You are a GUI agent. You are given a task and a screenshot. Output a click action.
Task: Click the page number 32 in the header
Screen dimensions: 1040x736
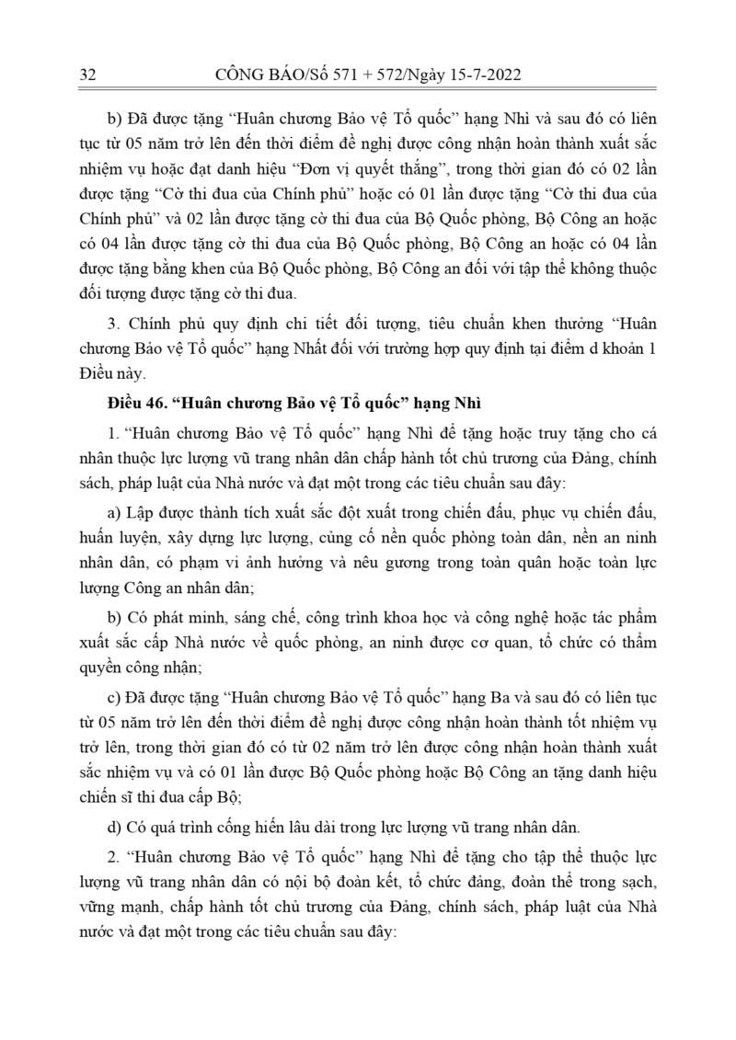[x=89, y=74]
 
